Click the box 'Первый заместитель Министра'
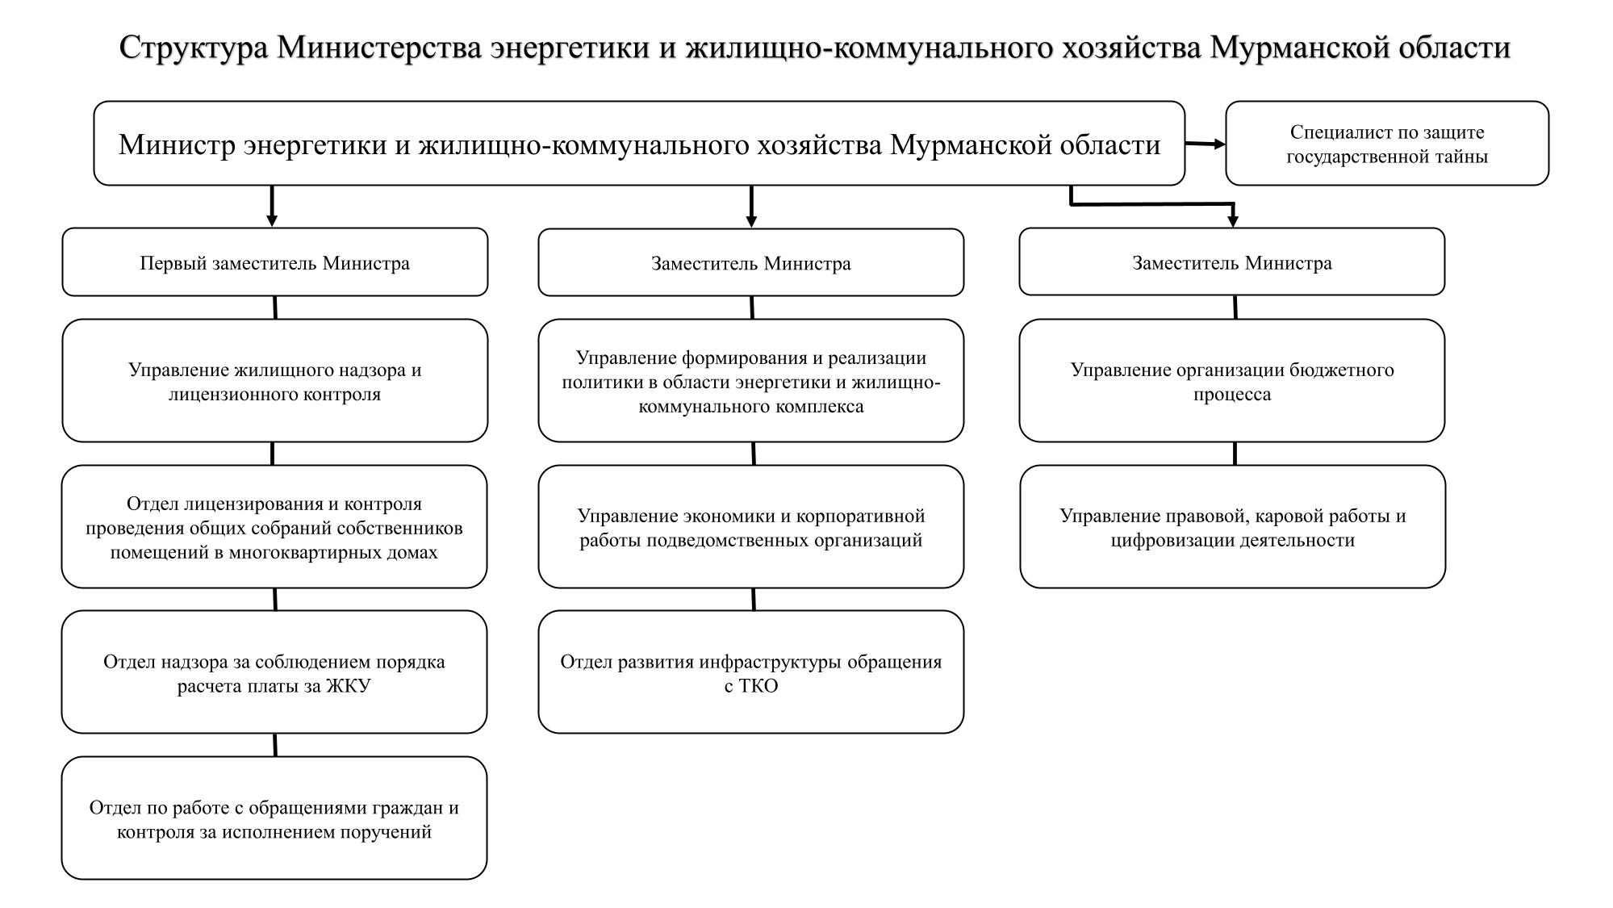[274, 262]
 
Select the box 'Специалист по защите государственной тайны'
[1386, 144]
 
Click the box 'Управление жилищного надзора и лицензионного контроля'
[274, 381]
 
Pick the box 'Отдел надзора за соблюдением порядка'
[274, 672]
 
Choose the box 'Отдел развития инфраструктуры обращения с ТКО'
[750, 672]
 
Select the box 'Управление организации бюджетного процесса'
[1231, 381]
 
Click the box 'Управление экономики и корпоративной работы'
[750, 527]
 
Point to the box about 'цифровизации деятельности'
[1232, 527]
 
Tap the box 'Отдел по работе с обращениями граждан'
[274, 818]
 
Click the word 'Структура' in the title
[194, 48]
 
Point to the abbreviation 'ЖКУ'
[348, 686]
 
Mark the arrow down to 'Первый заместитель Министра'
[272, 207]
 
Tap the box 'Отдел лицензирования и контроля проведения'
[274, 527]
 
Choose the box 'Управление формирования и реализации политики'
[750, 381]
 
